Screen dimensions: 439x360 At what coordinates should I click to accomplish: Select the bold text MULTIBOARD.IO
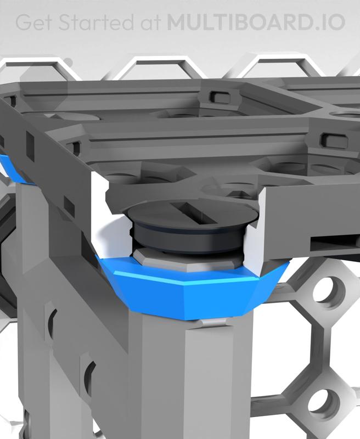coord(256,23)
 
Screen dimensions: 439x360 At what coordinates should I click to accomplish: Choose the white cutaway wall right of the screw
coord(256,241)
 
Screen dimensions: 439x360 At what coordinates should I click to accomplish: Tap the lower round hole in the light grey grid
coord(320,405)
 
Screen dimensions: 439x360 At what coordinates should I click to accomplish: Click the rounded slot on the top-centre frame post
coord(221,95)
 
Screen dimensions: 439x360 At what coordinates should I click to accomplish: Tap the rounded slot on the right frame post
coord(333,137)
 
